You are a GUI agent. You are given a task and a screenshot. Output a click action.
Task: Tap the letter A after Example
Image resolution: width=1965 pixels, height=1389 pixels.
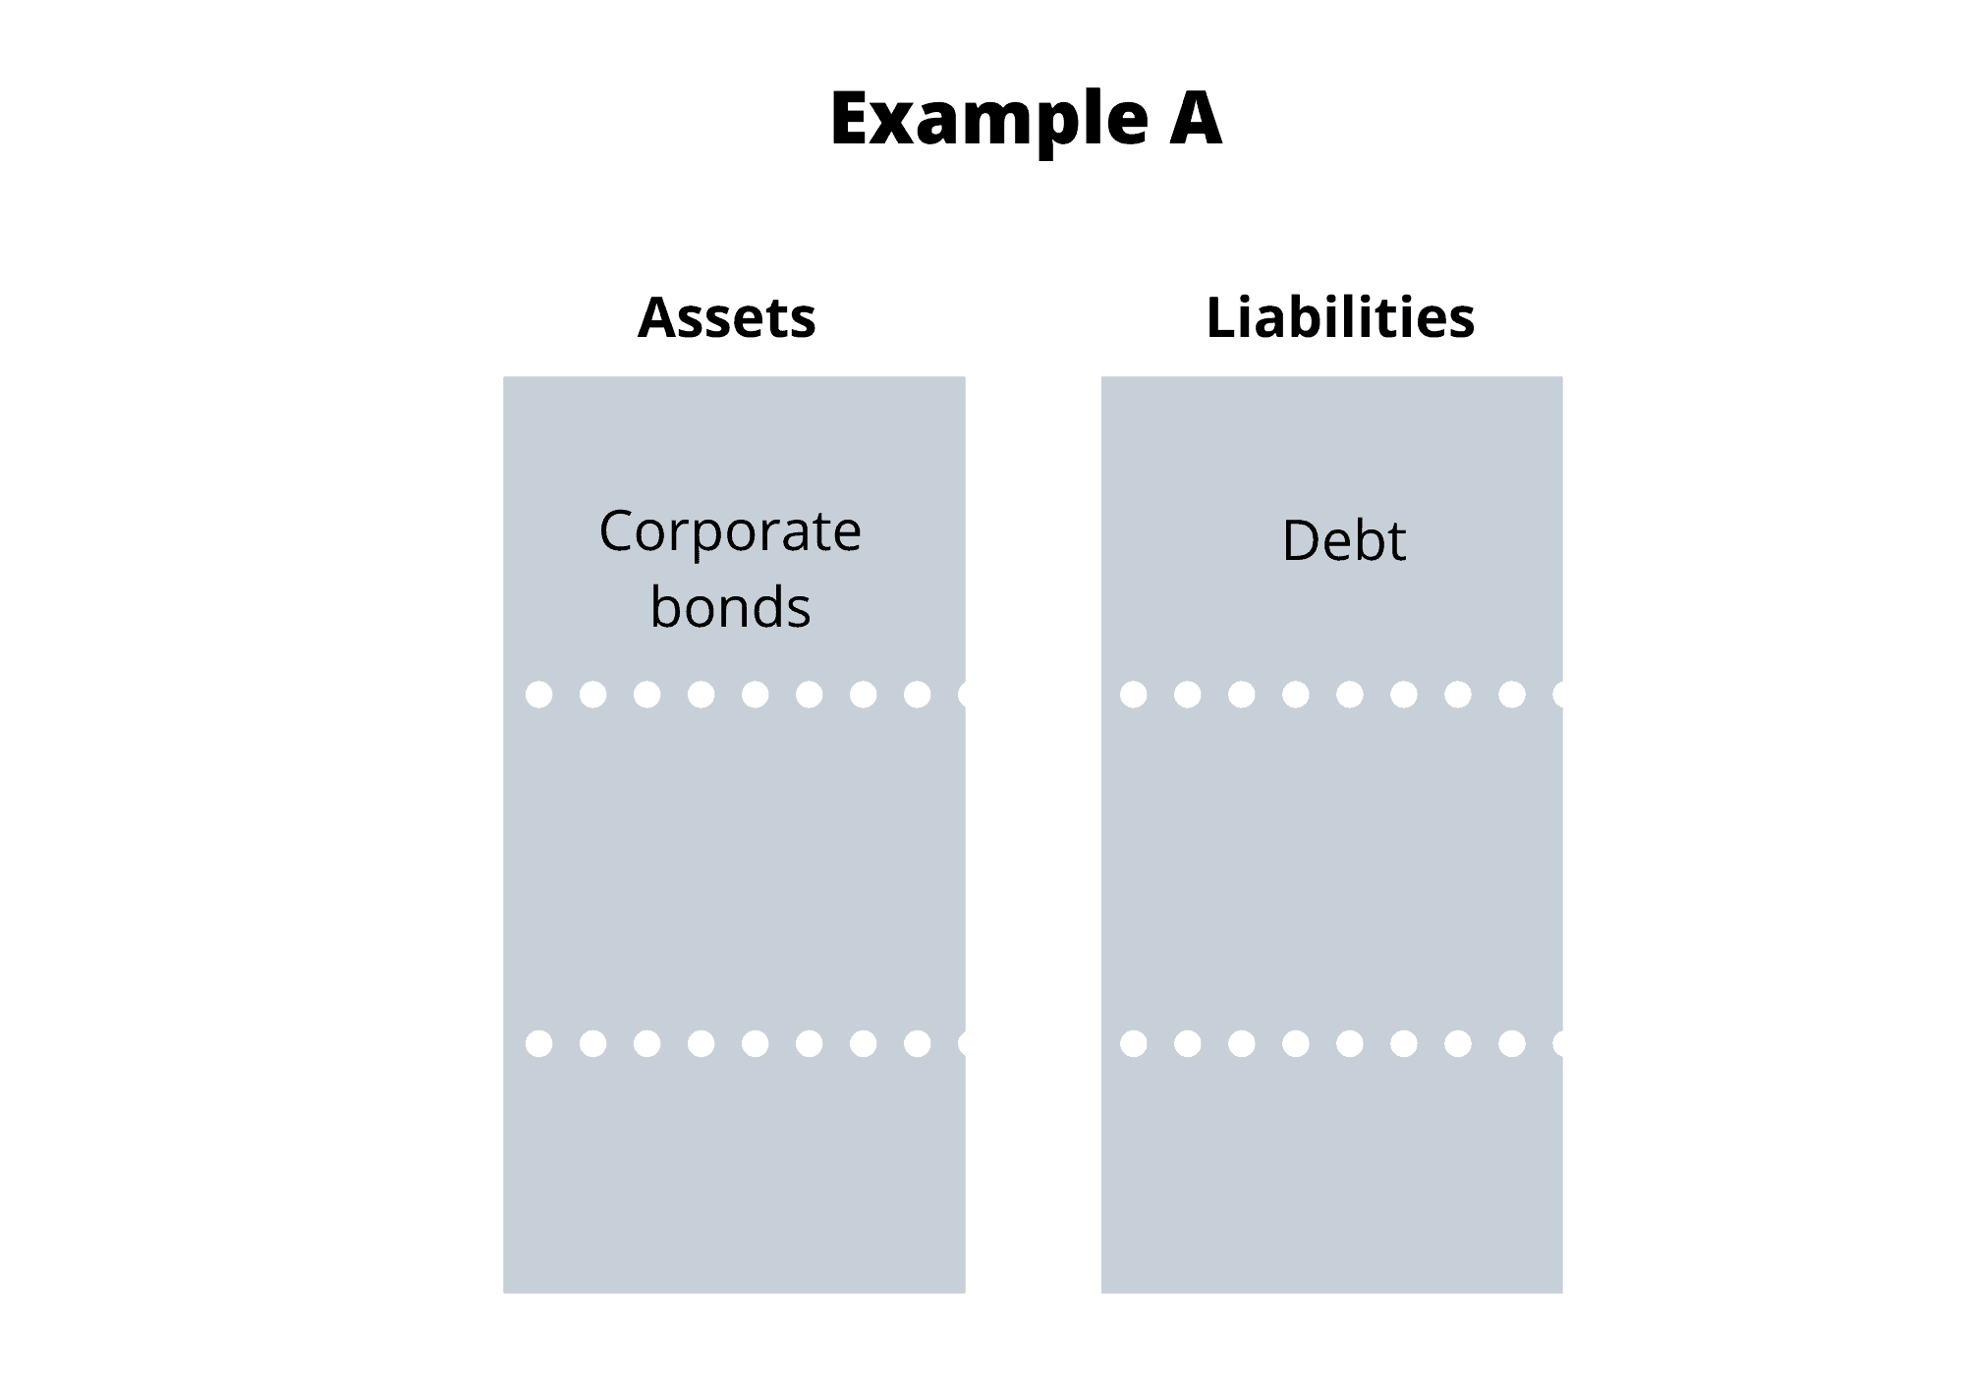[x=1196, y=118]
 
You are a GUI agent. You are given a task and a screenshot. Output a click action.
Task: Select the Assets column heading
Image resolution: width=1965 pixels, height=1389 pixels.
[x=727, y=318]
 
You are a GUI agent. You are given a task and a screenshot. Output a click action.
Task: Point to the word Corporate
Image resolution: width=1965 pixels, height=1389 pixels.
[x=730, y=532]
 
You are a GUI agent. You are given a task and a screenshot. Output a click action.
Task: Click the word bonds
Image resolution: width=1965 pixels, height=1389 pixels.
[x=730, y=606]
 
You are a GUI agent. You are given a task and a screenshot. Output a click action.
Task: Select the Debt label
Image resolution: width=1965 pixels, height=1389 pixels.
[x=1344, y=539]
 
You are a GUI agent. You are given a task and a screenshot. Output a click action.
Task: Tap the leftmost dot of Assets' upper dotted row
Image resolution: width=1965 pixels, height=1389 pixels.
[x=538, y=694]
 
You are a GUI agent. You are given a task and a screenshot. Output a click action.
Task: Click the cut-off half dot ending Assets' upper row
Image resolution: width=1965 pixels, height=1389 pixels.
[x=962, y=694]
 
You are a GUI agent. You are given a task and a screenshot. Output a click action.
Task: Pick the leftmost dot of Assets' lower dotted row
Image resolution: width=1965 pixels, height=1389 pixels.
[x=538, y=1043]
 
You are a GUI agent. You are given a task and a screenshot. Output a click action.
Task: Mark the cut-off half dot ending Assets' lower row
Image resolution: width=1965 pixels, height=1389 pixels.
[x=962, y=1043]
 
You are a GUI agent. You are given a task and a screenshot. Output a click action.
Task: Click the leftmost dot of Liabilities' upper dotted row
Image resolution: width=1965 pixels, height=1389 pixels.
[x=1133, y=694]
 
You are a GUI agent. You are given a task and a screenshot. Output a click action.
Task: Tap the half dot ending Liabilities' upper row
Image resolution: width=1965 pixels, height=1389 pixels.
[x=1558, y=694]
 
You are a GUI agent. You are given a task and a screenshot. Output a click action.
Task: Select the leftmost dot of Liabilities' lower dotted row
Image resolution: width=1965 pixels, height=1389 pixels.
[x=1133, y=1043]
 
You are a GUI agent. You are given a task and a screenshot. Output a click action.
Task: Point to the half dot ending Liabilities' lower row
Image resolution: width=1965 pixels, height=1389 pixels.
[x=1558, y=1043]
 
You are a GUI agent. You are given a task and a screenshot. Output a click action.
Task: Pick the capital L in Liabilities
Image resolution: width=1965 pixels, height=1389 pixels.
[x=1221, y=317]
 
